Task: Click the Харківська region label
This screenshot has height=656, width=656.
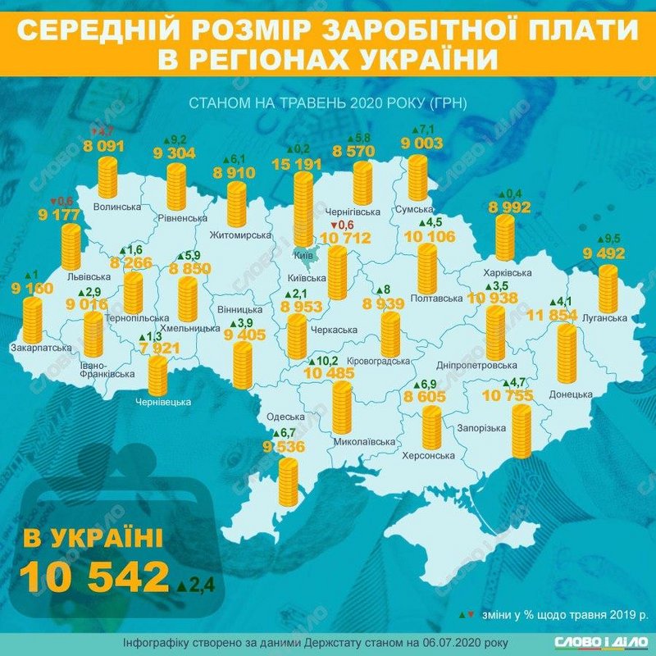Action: (x=502, y=272)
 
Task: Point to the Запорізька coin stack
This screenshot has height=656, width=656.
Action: (x=522, y=430)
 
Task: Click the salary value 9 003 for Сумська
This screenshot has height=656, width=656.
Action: (x=421, y=143)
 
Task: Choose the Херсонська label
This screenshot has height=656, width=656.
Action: (x=428, y=455)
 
